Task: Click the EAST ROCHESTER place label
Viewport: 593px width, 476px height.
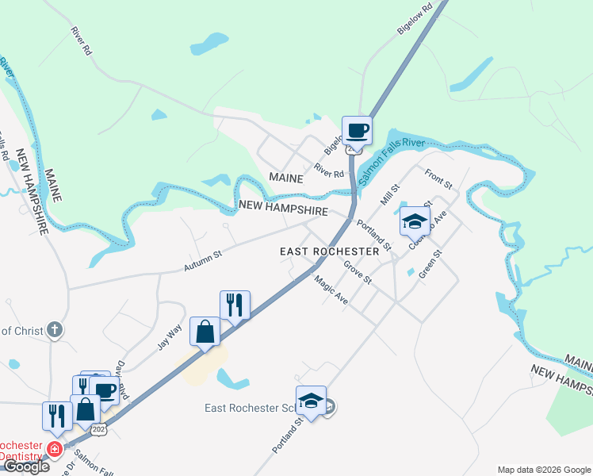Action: [x=329, y=251]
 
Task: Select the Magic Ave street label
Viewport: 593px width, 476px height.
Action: [x=331, y=289]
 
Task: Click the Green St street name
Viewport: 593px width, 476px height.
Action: [x=429, y=264]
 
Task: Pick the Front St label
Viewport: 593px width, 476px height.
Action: [x=438, y=179]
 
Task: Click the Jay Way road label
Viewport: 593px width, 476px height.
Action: [x=169, y=336]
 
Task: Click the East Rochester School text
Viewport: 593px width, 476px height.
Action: [x=248, y=408]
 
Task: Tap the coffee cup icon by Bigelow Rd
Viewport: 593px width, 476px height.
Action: [x=356, y=130]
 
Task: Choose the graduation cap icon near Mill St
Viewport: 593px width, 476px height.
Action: [x=414, y=221]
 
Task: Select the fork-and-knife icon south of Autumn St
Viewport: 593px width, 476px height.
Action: [x=235, y=305]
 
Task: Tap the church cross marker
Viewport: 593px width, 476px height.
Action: [x=54, y=328]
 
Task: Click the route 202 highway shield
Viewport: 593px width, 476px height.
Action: [x=98, y=429]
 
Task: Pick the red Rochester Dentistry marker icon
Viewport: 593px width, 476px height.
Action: [x=55, y=449]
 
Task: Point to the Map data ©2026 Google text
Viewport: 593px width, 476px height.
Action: [x=543, y=470]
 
